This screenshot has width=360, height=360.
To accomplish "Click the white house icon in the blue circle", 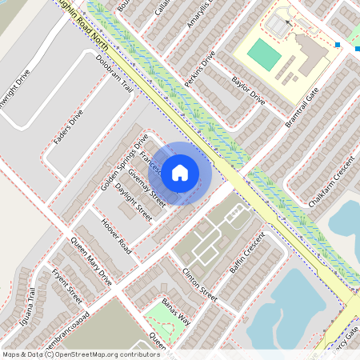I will click(x=180, y=171).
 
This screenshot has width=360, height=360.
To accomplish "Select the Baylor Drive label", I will click(x=248, y=92).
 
